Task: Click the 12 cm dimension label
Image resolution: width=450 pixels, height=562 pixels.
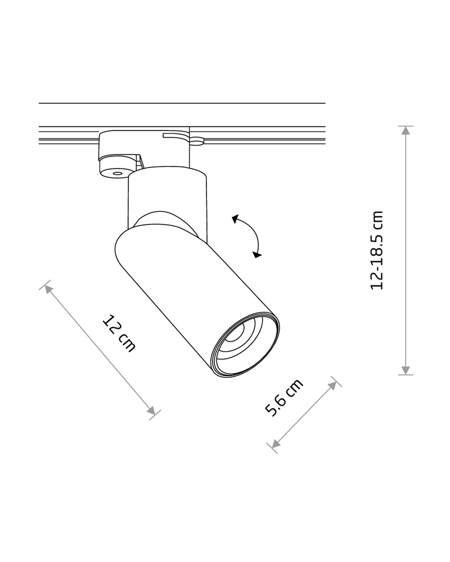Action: [x=119, y=333]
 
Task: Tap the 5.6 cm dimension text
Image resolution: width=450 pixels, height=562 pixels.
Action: [x=284, y=397]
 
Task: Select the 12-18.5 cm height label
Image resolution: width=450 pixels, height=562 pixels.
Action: [x=377, y=250]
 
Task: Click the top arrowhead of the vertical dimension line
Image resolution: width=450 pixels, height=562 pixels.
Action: [x=406, y=130]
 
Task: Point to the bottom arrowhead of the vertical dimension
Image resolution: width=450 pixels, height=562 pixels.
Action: [x=406, y=370]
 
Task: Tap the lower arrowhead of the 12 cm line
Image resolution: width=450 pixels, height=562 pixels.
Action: [x=151, y=411]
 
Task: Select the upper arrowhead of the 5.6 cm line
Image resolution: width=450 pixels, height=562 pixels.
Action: [x=332, y=386]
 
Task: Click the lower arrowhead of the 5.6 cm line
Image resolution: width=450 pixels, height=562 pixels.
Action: [x=276, y=444]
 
